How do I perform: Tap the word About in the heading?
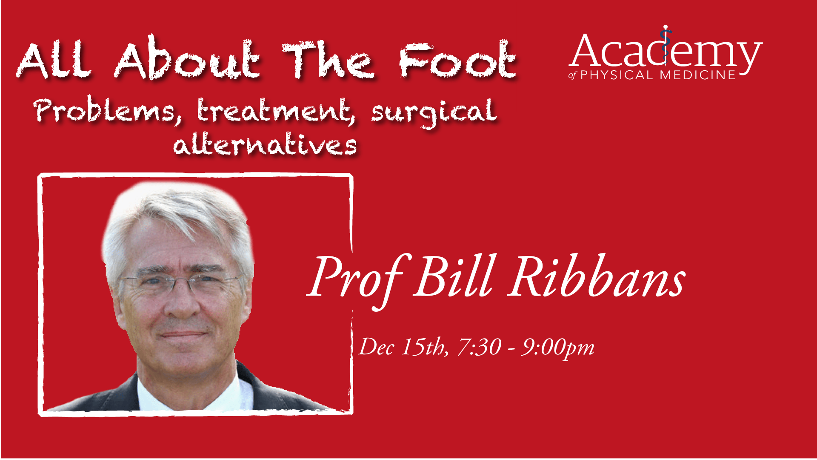(187, 58)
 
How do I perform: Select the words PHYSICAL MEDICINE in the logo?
(658, 75)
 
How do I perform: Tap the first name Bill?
(455, 276)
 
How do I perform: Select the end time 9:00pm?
(558, 348)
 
